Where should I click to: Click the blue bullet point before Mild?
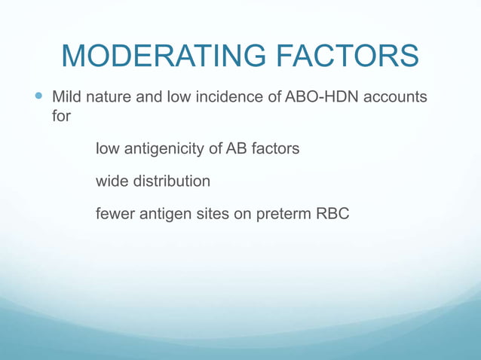(40, 97)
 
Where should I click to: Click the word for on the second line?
(60, 117)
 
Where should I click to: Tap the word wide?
(111, 182)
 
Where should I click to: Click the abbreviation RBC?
(332, 215)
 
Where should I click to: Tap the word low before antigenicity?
(107, 149)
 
